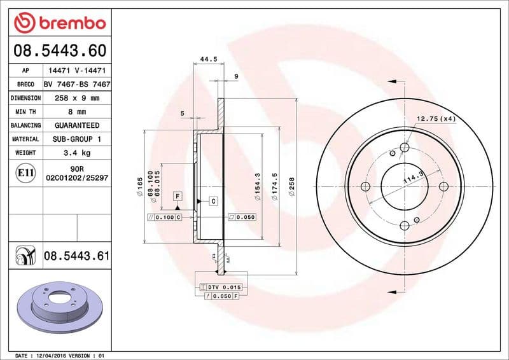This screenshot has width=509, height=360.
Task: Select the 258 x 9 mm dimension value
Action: [x=76, y=98]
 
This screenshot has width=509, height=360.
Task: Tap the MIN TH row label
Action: [x=25, y=112]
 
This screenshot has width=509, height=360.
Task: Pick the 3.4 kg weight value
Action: [x=76, y=153]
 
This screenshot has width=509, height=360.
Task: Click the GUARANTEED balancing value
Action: [x=76, y=125]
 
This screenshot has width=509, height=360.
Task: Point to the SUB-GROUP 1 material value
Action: [x=76, y=139]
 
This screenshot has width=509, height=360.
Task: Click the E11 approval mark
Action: [x=26, y=173]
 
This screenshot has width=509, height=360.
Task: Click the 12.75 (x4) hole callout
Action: [x=436, y=119]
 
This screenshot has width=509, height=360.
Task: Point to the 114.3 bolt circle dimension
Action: [x=413, y=181]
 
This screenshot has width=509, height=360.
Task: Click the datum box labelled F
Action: [x=178, y=197]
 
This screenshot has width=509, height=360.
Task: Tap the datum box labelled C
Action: [x=214, y=201]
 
